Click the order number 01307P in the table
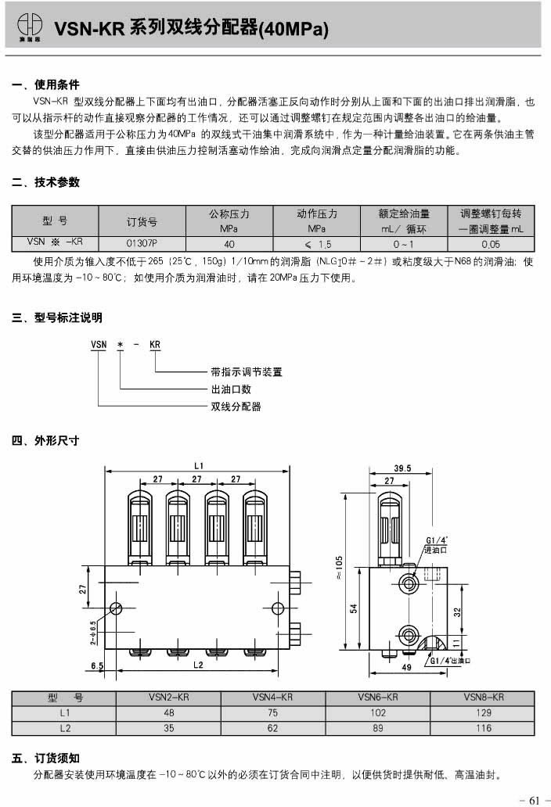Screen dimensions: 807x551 pos(142,243)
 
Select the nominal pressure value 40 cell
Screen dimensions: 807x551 pos(229,243)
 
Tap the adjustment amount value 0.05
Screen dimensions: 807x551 pos(491,243)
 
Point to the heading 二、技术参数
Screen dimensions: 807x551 pos(46,182)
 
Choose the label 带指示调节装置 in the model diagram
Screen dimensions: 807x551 pos(246,371)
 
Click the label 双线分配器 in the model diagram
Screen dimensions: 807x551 pos(236,407)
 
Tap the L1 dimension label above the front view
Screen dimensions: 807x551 pos(199,466)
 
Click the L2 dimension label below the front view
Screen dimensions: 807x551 pos(198,664)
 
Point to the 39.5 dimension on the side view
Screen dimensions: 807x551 pos(402,468)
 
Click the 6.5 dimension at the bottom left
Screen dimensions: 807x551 pos(97,665)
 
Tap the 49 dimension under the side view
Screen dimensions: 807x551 pos(405,668)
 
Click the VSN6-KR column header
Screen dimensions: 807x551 pos(378,697)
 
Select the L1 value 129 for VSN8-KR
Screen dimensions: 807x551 pos(483,712)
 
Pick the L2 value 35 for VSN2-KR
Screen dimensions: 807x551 pos(168,728)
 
